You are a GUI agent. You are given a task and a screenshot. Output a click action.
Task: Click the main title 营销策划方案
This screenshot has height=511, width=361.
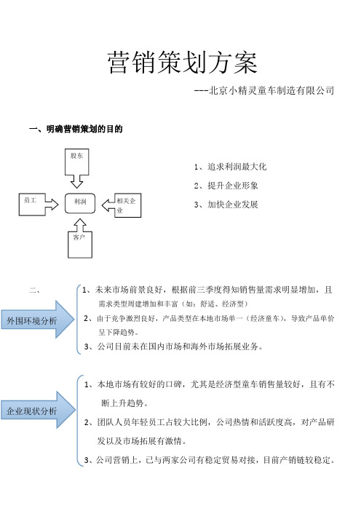tap(183, 63)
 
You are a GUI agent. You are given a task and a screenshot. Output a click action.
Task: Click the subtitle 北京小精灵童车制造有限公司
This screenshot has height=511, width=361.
tap(271, 90)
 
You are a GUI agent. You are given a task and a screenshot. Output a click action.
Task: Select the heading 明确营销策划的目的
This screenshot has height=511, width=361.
tap(84, 129)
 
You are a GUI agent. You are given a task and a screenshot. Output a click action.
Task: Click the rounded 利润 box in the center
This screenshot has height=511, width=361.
tap(80, 203)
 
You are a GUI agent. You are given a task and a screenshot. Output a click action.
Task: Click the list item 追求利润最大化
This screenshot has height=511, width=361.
tap(237, 167)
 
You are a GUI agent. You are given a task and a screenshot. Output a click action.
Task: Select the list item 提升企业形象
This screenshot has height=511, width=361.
tap(233, 186)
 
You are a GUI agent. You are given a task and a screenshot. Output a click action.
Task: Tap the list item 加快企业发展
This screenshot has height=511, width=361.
tap(233, 205)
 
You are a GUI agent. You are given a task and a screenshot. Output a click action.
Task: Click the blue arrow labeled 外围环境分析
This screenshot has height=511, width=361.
tap(37, 320)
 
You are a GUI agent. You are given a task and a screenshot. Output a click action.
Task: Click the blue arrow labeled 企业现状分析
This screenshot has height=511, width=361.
tap(38, 410)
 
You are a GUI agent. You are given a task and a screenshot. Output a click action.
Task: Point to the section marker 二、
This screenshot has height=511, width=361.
tap(35, 290)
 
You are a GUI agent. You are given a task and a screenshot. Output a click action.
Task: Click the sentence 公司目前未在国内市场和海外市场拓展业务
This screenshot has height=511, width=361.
tap(178, 346)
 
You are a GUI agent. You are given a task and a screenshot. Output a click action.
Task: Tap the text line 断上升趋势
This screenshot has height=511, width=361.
tap(122, 403)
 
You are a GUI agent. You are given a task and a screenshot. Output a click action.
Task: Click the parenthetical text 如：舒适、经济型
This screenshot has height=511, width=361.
tap(215, 304)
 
